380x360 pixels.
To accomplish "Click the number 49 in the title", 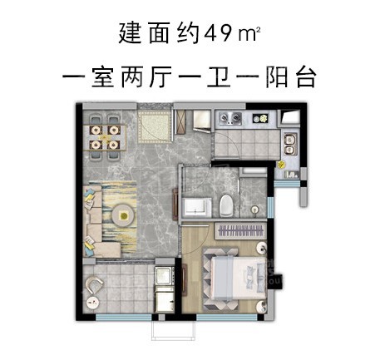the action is point(217,34).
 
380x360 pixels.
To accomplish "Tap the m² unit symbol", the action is point(249,34).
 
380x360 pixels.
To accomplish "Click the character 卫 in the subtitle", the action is point(219,76).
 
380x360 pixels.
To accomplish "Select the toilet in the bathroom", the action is point(226,205).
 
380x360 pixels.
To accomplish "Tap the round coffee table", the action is point(123,215).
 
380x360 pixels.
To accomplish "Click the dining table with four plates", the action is point(105,137).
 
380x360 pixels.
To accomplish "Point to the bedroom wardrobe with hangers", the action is point(240,230).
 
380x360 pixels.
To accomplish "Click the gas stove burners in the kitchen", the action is point(230,118).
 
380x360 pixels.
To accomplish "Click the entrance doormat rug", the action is point(154,127).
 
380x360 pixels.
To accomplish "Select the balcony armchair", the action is point(94,285).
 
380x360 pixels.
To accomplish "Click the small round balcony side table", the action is point(92,303).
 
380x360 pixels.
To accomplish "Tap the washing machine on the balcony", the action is point(165,275).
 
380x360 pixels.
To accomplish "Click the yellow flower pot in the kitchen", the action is point(282,165).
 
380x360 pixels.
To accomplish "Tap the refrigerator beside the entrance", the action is point(202,121).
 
